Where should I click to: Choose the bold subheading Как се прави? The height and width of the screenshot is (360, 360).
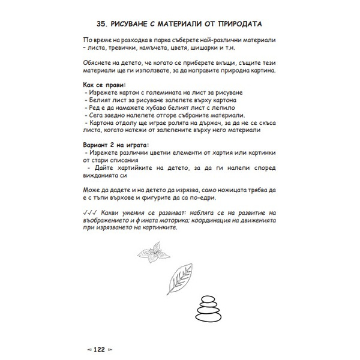[104, 85]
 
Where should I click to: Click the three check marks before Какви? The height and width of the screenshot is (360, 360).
[91, 212]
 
